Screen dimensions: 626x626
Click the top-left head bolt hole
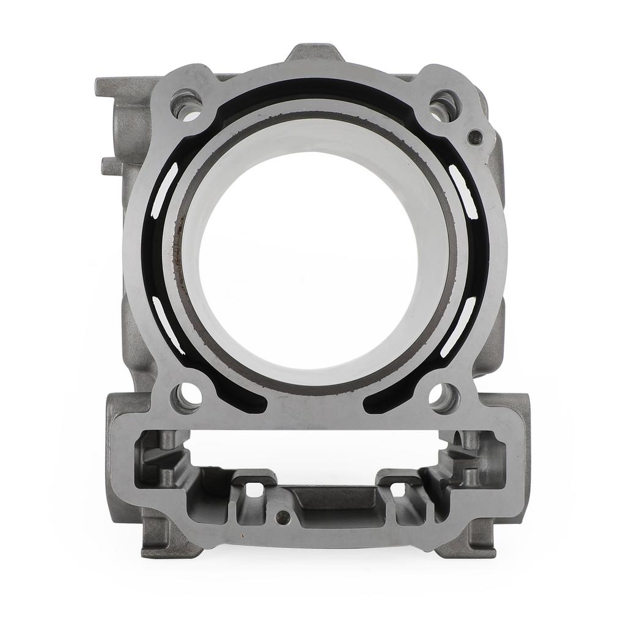(187, 105)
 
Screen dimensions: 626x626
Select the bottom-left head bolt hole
(186, 397)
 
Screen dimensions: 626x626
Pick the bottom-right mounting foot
(468, 541)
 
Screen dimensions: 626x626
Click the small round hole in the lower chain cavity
(282, 517)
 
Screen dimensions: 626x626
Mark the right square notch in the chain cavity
(397, 489)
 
